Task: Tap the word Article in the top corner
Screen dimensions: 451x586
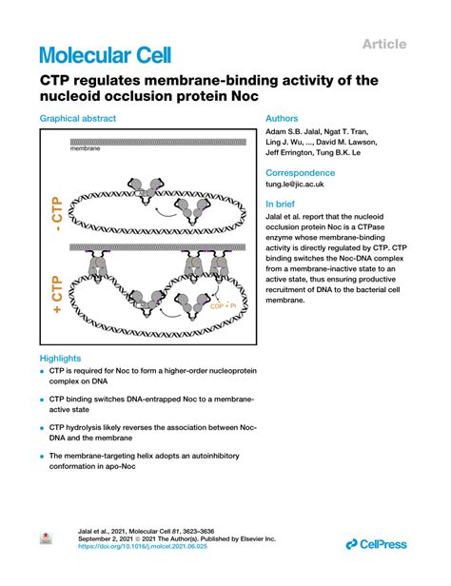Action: tap(384, 43)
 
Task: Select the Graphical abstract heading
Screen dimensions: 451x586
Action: tap(78, 119)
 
